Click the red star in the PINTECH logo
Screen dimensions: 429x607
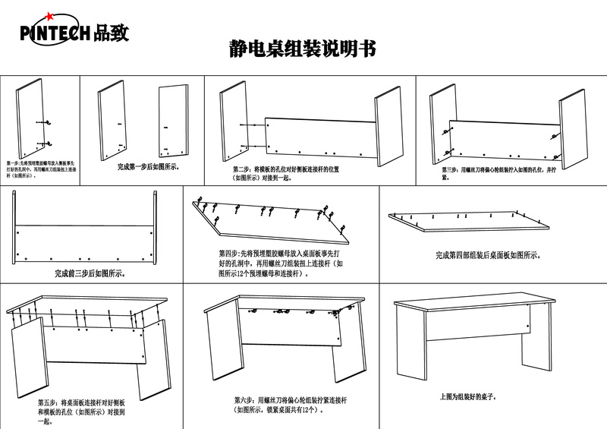click(x=50, y=16)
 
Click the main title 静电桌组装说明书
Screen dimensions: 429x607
click(x=302, y=49)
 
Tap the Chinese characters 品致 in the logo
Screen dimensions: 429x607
click(x=112, y=33)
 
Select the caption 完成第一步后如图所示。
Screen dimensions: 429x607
click(x=149, y=166)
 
